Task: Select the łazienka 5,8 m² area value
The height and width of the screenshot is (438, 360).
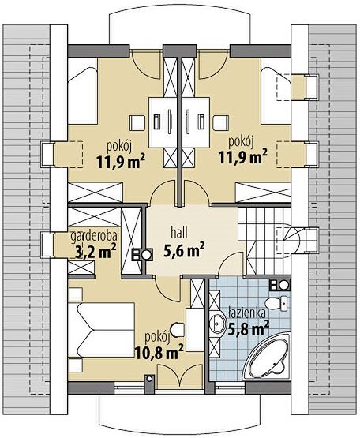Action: click(x=249, y=328)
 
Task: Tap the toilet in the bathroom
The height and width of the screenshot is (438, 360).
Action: click(x=276, y=303)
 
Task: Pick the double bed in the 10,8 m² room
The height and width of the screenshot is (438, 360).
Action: click(x=102, y=330)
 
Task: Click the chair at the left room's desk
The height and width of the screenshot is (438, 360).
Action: click(x=137, y=123)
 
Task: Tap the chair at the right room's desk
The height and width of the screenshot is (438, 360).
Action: click(x=221, y=123)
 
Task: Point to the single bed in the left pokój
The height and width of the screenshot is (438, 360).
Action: click(x=82, y=91)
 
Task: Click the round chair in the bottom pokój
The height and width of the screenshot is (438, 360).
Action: click(x=177, y=330)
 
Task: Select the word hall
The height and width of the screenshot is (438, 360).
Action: click(x=179, y=233)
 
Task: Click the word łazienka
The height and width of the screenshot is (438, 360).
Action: click(x=246, y=313)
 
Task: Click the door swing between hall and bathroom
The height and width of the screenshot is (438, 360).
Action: click(x=230, y=264)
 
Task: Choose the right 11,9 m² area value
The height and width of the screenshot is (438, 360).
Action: click(x=242, y=156)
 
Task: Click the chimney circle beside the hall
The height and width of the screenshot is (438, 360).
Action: click(x=146, y=255)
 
